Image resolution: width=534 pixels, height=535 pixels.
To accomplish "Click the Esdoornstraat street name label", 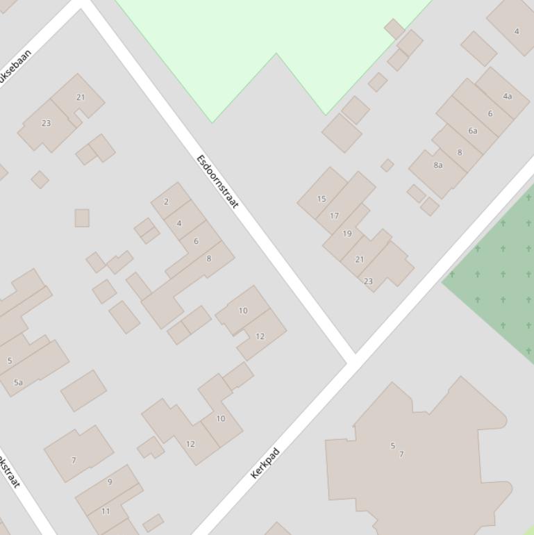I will click(x=217, y=181).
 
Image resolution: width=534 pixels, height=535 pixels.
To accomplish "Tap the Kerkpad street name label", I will click(x=265, y=463).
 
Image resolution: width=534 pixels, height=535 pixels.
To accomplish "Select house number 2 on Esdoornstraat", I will click(x=166, y=201).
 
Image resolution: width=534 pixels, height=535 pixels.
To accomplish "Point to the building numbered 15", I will click(x=322, y=199).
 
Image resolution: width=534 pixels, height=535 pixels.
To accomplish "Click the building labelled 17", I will click(x=334, y=215).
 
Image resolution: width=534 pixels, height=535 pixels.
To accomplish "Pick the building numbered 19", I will click(x=347, y=233).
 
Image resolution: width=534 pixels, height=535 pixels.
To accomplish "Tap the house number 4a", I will click(x=508, y=96).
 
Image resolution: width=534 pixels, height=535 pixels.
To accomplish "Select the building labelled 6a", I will click(x=473, y=131).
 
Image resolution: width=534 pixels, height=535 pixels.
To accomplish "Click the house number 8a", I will click(x=438, y=165).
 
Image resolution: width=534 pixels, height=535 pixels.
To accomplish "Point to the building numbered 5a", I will click(x=19, y=382).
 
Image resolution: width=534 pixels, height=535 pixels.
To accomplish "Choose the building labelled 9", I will click(x=110, y=481).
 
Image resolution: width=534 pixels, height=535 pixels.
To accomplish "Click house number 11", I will click(x=106, y=511).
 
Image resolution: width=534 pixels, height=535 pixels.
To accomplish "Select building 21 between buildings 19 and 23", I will click(x=359, y=259).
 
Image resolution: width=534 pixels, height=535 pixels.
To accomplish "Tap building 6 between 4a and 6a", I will click(x=490, y=113).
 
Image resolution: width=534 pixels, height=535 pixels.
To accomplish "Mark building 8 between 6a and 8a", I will click(x=459, y=152).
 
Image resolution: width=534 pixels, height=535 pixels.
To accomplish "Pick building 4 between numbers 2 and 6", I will click(x=179, y=223).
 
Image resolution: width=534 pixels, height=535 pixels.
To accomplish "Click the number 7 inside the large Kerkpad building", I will click(x=401, y=454).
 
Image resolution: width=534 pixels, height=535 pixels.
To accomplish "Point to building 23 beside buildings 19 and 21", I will click(x=368, y=281).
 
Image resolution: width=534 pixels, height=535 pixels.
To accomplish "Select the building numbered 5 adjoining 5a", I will click(x=10, y=361).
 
